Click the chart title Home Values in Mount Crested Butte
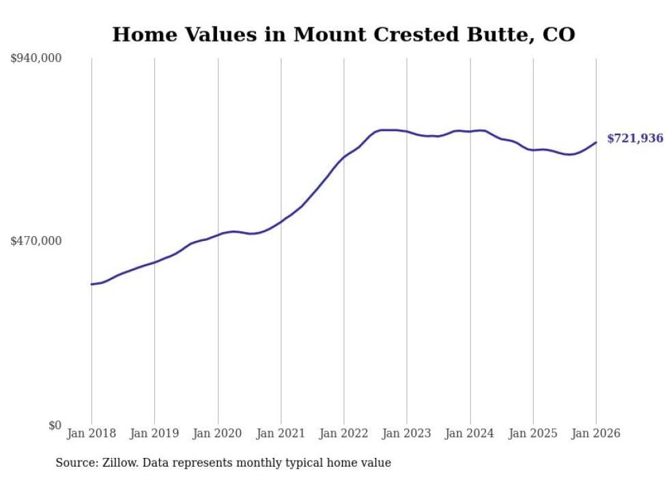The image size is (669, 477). pos(343,34)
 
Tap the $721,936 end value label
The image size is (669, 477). pos(634,139)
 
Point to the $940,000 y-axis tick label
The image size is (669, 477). pos(35,59)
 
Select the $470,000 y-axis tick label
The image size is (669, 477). pos(35,241)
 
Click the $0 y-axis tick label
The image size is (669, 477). pos(55,425)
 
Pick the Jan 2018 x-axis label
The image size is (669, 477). pos(91,433)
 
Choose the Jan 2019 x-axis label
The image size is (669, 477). pos(154,433)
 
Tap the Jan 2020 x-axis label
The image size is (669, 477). pos(218,433)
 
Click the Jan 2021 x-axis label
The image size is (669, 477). pos(281,433)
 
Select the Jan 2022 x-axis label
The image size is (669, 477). pos(344,433)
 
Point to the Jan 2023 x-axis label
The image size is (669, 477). pos(407,433)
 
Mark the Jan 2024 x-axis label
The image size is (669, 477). pos(470,433)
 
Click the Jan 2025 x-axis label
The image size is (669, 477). pos(533,433)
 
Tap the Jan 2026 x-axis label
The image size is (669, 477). pos(596,433)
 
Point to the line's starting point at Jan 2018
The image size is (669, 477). pos(91,284)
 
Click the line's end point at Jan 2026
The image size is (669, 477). pos(596,142)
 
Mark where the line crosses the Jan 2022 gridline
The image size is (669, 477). pos(344,156)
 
